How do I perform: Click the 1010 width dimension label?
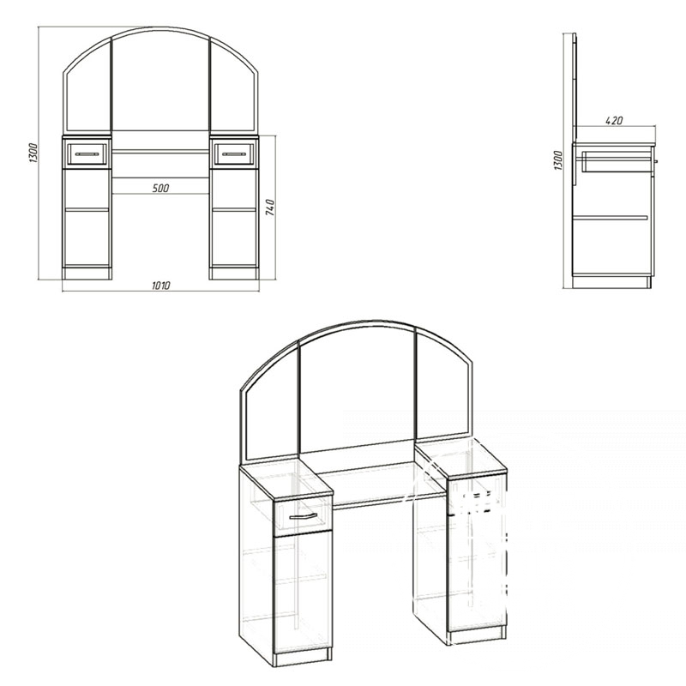pos(160,286)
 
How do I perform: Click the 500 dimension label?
pos(160,188)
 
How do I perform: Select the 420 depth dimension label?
pos(614,120)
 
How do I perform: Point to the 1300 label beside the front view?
pos(34,153)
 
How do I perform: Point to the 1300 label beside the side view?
pos(558,160)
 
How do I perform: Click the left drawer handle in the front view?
pos(87,154)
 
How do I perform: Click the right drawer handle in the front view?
pos(233,154)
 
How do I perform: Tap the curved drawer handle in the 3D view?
pos(303,517)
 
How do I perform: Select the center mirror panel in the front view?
pos(160,81)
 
